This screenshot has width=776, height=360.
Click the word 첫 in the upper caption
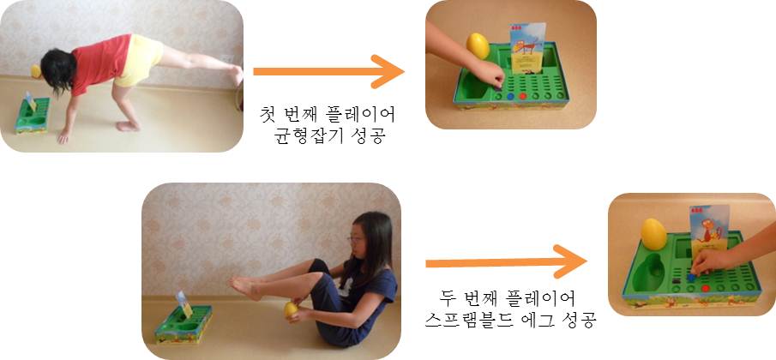270,113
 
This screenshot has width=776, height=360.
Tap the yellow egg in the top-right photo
478,46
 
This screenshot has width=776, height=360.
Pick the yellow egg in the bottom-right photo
653,233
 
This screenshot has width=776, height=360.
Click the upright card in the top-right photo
526,48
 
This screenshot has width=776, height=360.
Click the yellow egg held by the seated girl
292,309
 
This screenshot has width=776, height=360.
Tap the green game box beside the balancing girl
32,115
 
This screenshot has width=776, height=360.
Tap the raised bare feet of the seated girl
244,286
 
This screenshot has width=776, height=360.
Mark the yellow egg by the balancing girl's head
37,71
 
